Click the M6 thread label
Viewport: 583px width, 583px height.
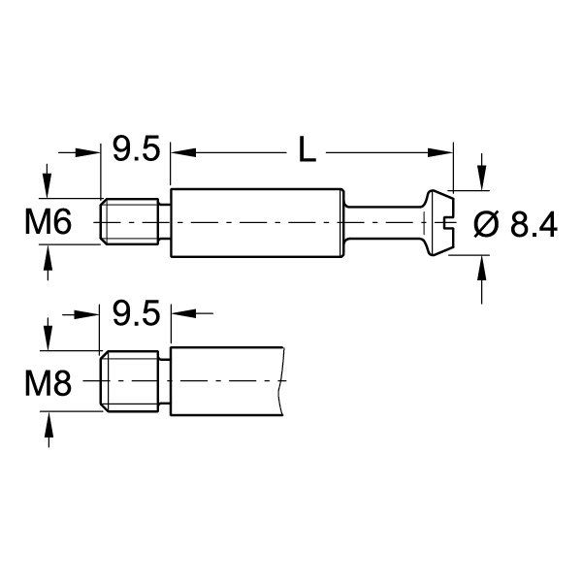click(x=47, y=223)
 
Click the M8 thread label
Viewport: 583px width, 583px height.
click(x=47, y=383)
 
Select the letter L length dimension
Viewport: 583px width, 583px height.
click(x=307, y=150)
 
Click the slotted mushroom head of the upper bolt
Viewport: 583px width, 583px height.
click(x=438, y=222)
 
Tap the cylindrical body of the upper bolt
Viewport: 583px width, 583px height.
click(x=257, y=222)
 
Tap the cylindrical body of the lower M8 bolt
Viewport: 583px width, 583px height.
click(x=228, y=382)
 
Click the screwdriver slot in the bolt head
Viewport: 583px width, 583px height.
click(x=448, y=222)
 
